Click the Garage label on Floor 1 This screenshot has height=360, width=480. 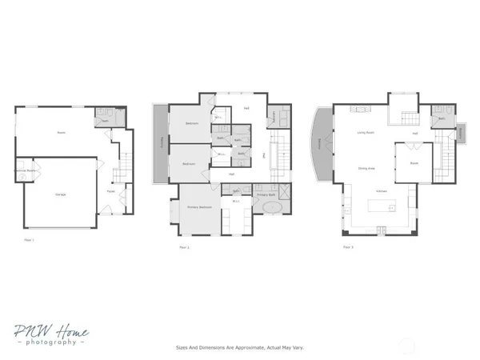pyautogui.click(x=60, y=195)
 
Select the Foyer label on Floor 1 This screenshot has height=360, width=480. pyautogui.click(x=110, y=192)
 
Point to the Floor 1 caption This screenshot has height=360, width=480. pyautogui.click(x=30, y=239)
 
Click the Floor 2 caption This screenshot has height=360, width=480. pyautogui.click(x=183, y=248)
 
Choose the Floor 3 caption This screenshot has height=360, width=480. pyautogui.click(x=348, y=247)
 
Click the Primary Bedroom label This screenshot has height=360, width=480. pyautogui.click(x=199, y=207)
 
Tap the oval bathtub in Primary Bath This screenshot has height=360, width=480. pyautogui.click(x=273, y=208)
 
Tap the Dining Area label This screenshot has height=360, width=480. pyautogui.click(x=367, y=168)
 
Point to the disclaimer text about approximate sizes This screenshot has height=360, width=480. pyautogui.click(x=239, y=348)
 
